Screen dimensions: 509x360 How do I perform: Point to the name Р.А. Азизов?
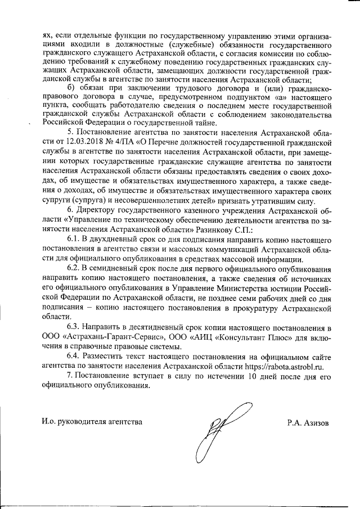tap(308, 422)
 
